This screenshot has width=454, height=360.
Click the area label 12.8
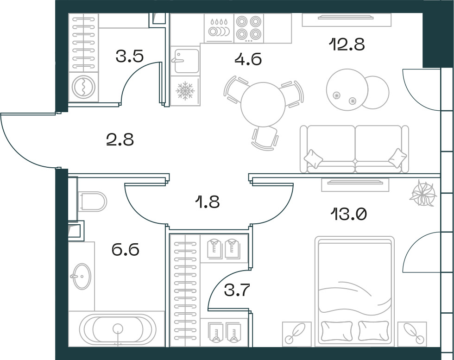pyautogui.click(x=347, y=45)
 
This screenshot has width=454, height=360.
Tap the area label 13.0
pyautogui.click(x=348, y=215)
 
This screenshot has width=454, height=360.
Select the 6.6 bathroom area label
pyautogui.click(x=126, y=250)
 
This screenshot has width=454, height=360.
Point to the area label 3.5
pyautogui.click(x=130, y=56)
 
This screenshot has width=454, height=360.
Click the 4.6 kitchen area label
pyautogui.click(x=248, y=59)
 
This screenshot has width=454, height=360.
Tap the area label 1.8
pyautogui.click(x=208, y=202)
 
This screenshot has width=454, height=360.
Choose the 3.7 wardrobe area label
pyautogui.click(x=237, y=290)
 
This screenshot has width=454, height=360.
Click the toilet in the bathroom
pyautogui.click(x=92, y=201)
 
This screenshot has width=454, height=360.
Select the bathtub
pyautogui.click(x=118, y=329)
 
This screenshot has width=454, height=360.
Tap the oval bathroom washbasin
pyautogui.click(x=81, y=276)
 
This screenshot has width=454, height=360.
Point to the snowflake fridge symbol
pyautogui.click(x=185, y=91)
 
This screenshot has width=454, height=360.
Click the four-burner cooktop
pyautogui.click(x=249, y=28)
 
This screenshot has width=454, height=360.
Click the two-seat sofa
pyautogui.click(x=354, y=149)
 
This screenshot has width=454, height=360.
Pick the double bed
pyautogui.click(x=354, y=291)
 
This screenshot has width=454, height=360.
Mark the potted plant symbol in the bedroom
pyautogui.click(x=422, y=193)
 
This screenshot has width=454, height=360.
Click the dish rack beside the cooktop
pyautogui.click(x=219, y=28)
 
